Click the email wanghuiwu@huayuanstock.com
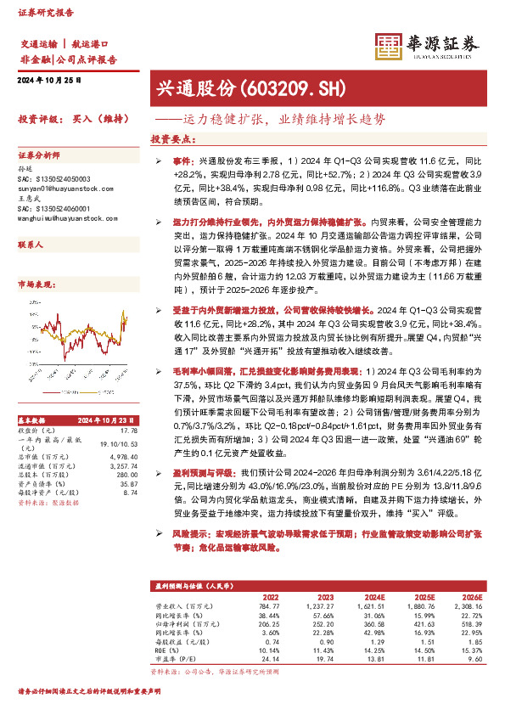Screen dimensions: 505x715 [x=62, y=218]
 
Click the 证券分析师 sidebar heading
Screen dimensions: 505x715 [x=39, y=155]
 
